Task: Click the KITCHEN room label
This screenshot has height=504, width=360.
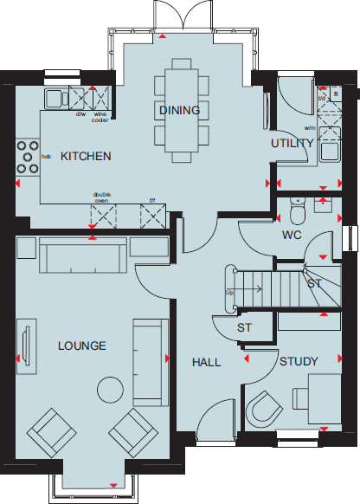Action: coord(85,157)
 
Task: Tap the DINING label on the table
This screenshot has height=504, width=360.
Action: coord(179,110)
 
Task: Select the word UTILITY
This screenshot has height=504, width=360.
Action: coord(292,143)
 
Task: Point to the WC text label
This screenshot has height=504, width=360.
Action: coord(291,235)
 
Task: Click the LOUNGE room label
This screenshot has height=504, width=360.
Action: coord(81,346)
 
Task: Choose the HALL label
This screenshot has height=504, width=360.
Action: coord(206,362)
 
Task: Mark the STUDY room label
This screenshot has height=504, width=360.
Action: coord(299,361)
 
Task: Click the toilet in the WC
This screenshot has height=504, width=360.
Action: coord(298,210)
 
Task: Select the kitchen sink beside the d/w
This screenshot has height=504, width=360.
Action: coord(55,96)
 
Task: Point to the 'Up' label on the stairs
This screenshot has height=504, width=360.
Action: coord(229,293)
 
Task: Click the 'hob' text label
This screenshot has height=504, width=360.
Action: coord(46,157)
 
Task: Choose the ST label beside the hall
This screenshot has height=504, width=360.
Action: coord(244,328)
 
